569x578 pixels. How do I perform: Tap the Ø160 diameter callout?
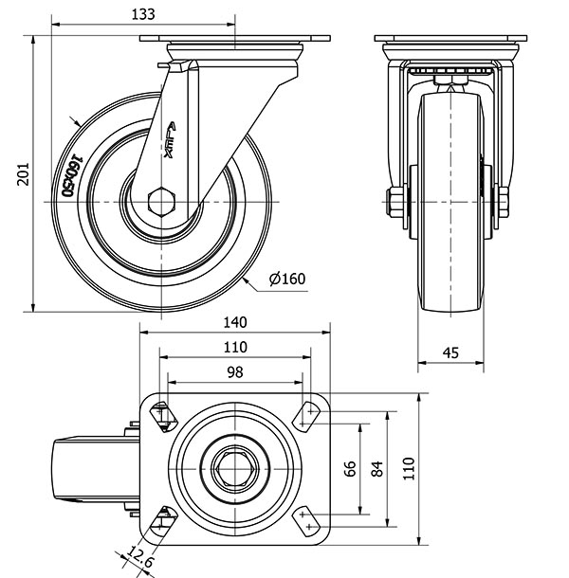pos(287,279)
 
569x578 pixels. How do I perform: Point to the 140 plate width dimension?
pos(235,322)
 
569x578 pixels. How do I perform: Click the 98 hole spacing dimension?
pos(235,372)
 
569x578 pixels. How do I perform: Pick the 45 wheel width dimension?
pos(450,352)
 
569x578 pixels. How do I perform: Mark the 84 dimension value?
pos(376,468)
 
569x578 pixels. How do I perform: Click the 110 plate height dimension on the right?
pos(407,466)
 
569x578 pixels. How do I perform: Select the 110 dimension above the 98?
pos(235,347)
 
